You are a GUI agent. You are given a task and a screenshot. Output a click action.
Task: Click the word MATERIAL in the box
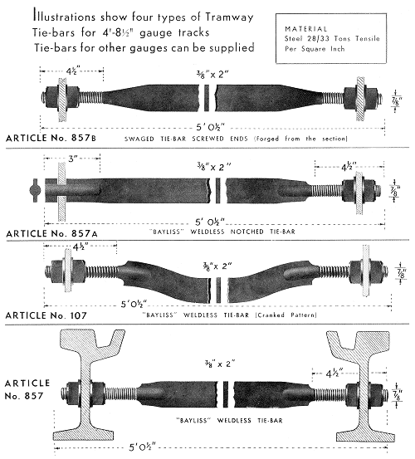305,29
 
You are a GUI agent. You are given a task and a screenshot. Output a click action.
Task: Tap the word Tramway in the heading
229,17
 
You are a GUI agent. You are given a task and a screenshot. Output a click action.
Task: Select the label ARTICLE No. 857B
51,138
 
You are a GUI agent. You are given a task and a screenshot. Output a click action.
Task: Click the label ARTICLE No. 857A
51,233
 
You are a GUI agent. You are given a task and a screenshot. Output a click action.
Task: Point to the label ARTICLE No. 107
46,315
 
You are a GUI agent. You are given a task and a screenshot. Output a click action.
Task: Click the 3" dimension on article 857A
73,159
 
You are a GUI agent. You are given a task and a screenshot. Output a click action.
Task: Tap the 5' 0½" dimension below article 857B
211,127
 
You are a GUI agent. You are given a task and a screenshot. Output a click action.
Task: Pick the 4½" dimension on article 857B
72,71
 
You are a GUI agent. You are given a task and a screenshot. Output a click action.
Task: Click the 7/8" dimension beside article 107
402,273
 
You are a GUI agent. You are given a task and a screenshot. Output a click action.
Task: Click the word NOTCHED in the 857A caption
247,232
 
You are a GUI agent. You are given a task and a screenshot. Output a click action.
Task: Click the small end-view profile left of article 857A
34,190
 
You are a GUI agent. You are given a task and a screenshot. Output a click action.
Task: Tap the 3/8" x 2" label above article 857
220,364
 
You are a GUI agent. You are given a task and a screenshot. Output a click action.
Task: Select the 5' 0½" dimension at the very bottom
143,447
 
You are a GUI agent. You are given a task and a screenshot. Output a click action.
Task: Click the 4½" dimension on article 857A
349,167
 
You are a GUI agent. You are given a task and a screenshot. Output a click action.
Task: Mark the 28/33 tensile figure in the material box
320,39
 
